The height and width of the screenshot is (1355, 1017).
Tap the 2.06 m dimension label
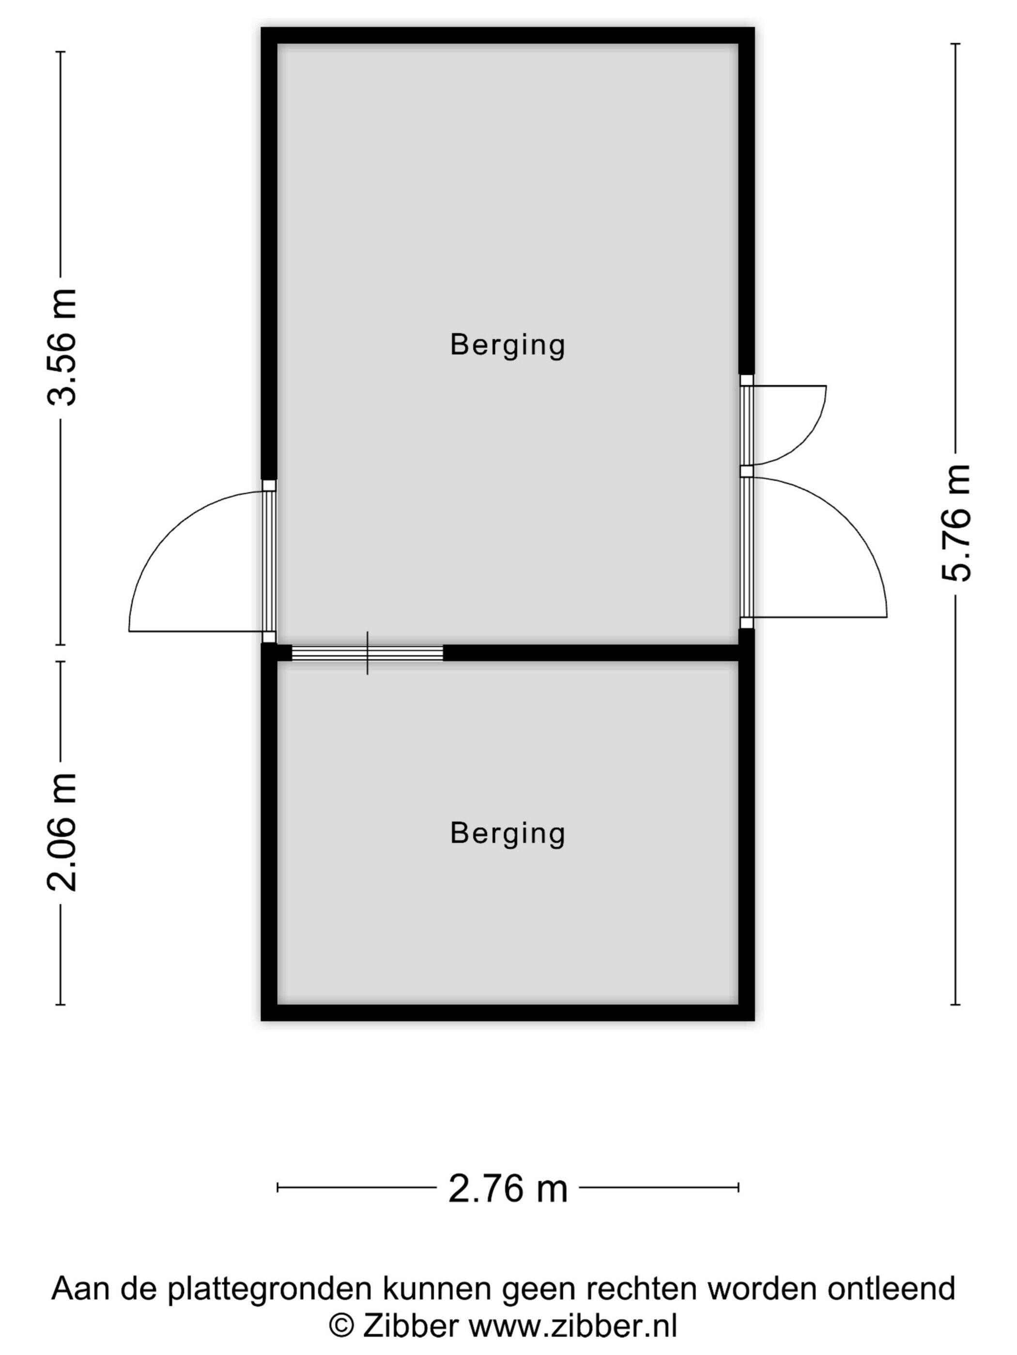(62, 832)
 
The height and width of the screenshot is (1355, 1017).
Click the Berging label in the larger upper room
(508, 345)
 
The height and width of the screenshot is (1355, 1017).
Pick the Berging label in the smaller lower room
(508, 833)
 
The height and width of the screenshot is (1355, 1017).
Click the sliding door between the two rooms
(367, 653)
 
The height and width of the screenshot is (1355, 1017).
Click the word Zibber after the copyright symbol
(410, 1325)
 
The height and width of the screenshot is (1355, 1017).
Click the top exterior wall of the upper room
(508, 35)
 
